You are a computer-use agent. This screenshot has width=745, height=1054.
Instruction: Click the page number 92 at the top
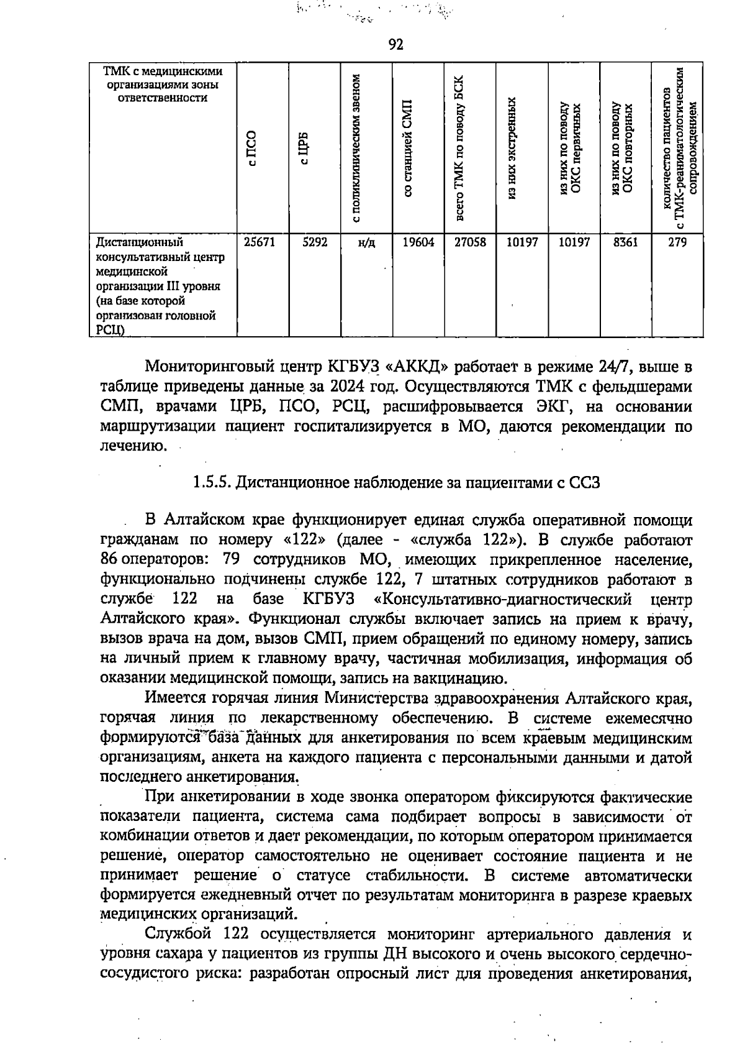point(396,44)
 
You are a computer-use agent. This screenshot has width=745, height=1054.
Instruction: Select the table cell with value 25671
point(260,243)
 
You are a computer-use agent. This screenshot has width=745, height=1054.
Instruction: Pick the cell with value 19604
point(418,243)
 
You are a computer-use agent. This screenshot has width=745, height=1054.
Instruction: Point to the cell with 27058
point(470,243)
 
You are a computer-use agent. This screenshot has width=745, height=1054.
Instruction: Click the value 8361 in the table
point(625,243)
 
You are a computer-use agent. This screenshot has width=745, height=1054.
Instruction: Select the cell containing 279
point(677,243)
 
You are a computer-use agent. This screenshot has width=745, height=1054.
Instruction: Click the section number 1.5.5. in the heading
point(213,482)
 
